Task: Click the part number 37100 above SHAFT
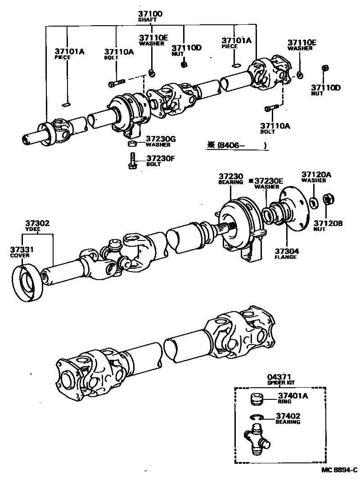[150, 14]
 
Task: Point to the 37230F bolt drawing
[132, 161]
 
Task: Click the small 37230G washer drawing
[132, 144]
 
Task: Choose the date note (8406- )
[237, 145]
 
